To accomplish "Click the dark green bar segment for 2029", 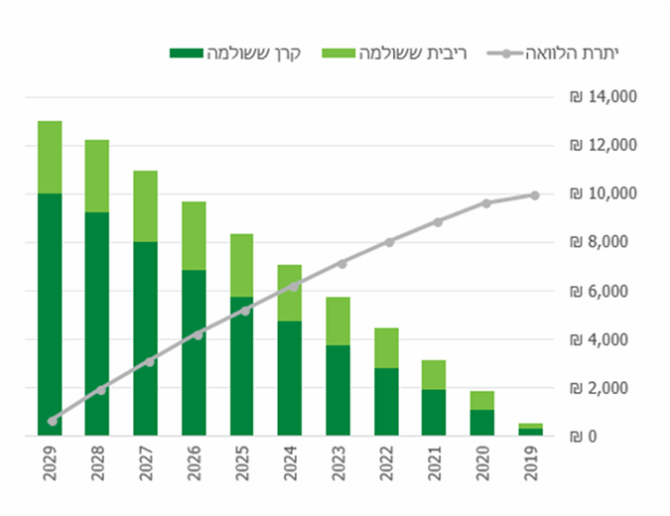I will point(51,314).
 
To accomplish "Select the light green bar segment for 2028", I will point(97,177).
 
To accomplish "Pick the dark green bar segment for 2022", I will point(386,401).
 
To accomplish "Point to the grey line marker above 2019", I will point(534,195).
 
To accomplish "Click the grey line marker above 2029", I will point(53,421).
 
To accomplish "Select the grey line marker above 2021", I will point(438,222).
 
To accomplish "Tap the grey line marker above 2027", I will point(149,361).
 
